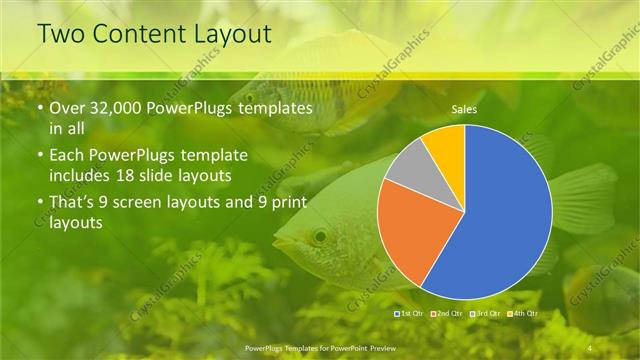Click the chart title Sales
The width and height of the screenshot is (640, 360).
[463, 108]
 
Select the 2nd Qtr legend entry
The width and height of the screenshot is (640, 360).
[449, 314]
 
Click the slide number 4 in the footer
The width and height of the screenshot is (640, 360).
[590, 347]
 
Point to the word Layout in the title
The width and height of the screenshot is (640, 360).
[233, 34]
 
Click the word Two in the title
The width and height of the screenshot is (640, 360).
[59, 34]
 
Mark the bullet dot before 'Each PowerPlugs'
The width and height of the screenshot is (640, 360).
[39, 156]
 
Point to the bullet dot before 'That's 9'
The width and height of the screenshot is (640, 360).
[39, 204]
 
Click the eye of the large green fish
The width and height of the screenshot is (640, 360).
[319, 237]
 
